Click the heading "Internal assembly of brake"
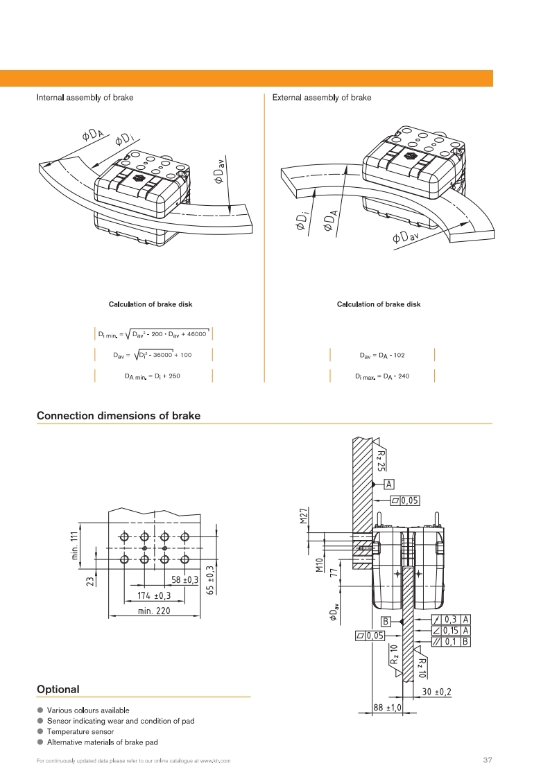[85, 98]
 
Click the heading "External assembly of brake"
[322, 98]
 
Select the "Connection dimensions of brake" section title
[118, 416]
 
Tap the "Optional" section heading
[58, 690]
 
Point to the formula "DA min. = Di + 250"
[152, 376]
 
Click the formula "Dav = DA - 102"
[382, 356]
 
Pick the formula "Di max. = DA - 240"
[382, 376]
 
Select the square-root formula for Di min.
[153, 334]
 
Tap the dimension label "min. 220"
[153, 611]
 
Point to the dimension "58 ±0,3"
[184, 579]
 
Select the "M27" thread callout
[304, 516]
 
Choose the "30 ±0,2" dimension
[437, 692]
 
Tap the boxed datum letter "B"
[386, 621]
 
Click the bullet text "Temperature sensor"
[80, 731]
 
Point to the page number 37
[487, 760]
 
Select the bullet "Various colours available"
[87, 710]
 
